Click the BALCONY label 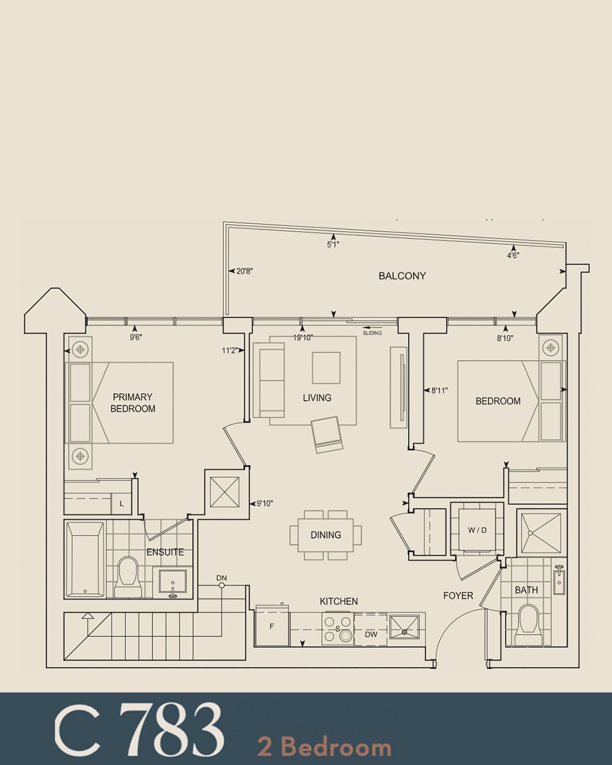point(402,276)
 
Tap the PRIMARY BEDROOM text point(133,403)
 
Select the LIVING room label point(317,398)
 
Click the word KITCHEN point(338,601)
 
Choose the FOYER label point(458,596)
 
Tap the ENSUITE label point(165,552)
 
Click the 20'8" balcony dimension point(244,271)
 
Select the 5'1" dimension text point(333,245)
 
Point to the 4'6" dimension point(513,255)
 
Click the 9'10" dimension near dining point(265,503)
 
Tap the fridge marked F point(272,626)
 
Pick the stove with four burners point(338,628)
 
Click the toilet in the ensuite point(127,577)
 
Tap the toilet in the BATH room point(529,625)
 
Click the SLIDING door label point(372,333)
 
